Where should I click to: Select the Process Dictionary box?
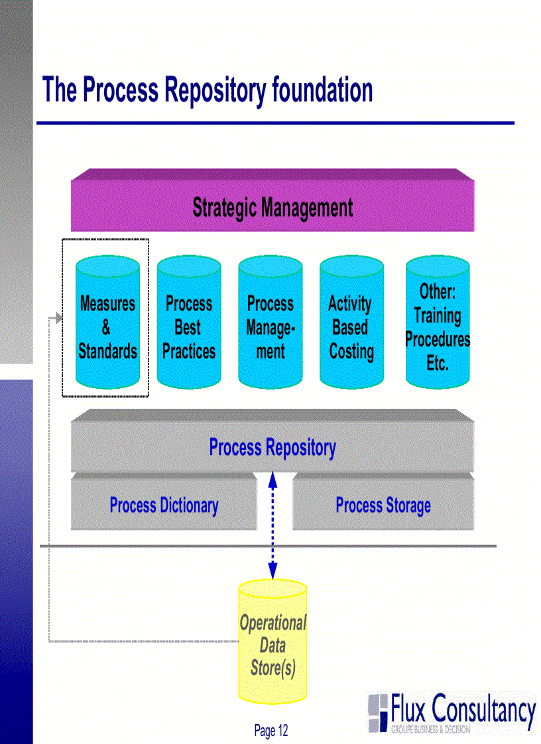pyautogui.click(x=164, y=505)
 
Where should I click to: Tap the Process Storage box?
pyautogui.click(x=383, y=505)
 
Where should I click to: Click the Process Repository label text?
pyautogui.click(x=272, y=447)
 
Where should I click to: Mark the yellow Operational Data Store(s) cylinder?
pyautogui.click(x=272, y=643)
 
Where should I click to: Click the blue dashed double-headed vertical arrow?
pyautogui.click(x=272, y=523)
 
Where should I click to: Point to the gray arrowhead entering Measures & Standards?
pyautogui.click(x=58, y=319)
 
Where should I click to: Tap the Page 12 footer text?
pyautogui.click(x=271, y=731)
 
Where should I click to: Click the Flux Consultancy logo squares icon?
pyautogui.click(x=378, y=712)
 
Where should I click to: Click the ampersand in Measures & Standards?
pyautogui.click(x=107, y=327)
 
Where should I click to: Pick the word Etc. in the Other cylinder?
pyautogui.click(x=438, y=363)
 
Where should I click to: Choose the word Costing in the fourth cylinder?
pyautogui.click(x=351, y=351)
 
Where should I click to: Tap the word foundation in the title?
pyautogui.click(x=322, y=91)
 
